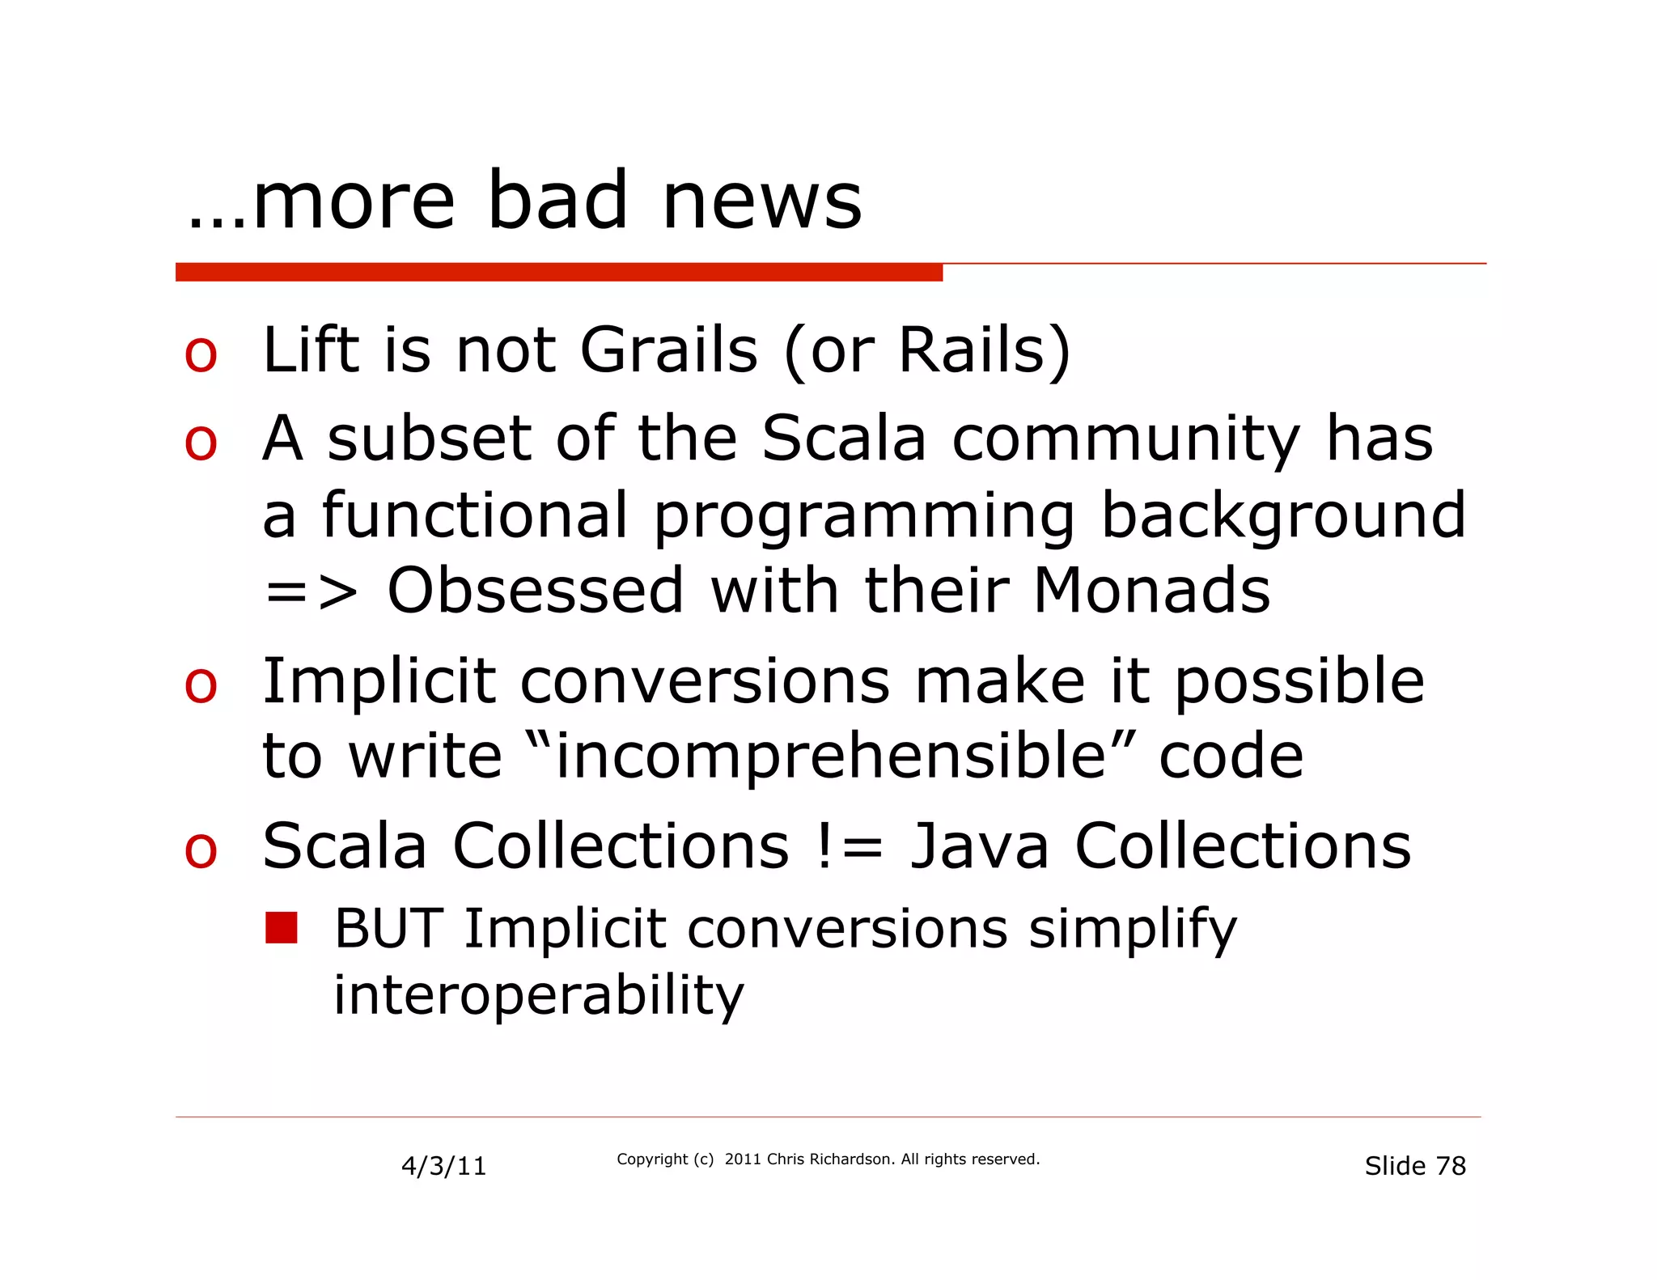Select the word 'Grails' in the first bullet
coord(669,350)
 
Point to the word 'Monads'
coord(1151,591)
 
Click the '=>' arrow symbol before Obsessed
coord(311,593)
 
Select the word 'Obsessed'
coord(536,591)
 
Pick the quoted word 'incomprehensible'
coord(830,757)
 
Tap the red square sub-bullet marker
coord(282,928)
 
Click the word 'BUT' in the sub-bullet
coord(388,929)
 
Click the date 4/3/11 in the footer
coord(443,1166)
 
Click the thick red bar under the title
coord(558,273)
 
